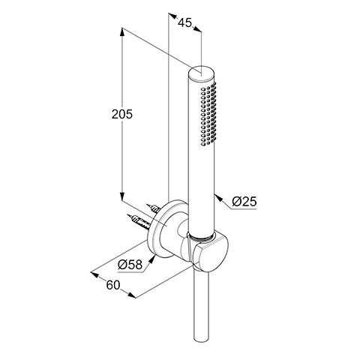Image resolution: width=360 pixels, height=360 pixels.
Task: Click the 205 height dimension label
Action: point(122,114)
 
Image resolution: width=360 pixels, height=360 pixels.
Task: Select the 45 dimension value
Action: point(184,22)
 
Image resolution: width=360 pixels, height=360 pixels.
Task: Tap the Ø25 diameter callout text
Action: point(244,201)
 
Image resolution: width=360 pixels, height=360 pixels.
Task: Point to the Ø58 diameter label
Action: point(130,264)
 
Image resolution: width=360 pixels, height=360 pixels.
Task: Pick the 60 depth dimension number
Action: point(113,285)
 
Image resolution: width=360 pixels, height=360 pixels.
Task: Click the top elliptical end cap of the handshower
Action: point(202,73)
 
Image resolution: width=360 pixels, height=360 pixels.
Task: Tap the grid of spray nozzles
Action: point(208,114)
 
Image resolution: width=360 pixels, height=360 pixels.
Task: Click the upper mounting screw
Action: point(153,208)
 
